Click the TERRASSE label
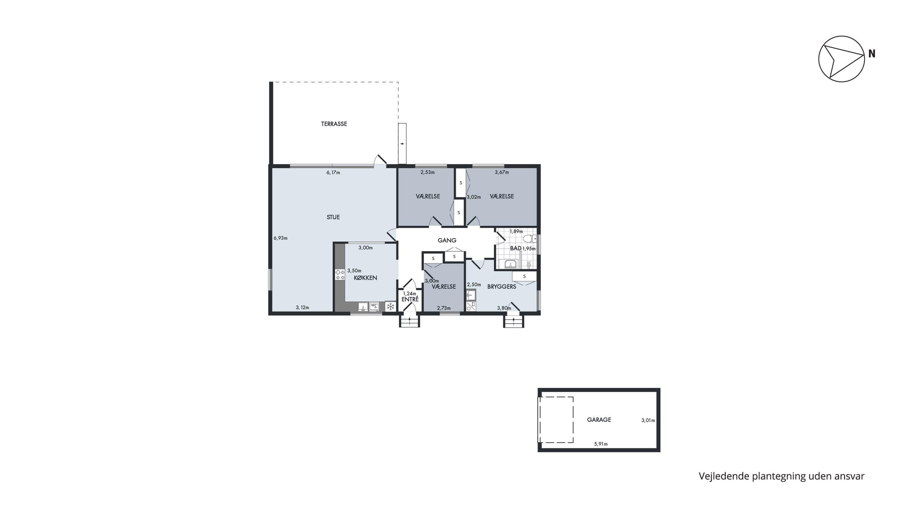pyautogui.click(x=334, y=124)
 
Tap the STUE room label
pyautogui.click(x=333, y=217)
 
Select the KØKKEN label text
pyautogui.click(x=365, y=278)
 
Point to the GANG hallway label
pyautogui.click(x=447, y=240)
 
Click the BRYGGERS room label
pyautogui.click(x=502, y=287)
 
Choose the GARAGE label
pyautogui.click(x=599, y=419)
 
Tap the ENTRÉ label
pyautogui.click(x=410, y=299)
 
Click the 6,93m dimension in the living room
pyautogui.click(x=280, y=238)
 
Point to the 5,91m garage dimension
pyautogui.click(x=601, y=444)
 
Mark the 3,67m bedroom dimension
pyautogui.click(x=502, y=172)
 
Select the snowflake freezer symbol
pyautogui.click(x=390, y=307)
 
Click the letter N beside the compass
pyautogui.click(x=872, y=54)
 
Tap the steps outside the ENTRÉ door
pyautogui.click(x=410, y=321)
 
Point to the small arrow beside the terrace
pyautogui.click(x=402, y=144)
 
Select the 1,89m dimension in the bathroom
pyautogui.click(x=516, y=231)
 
